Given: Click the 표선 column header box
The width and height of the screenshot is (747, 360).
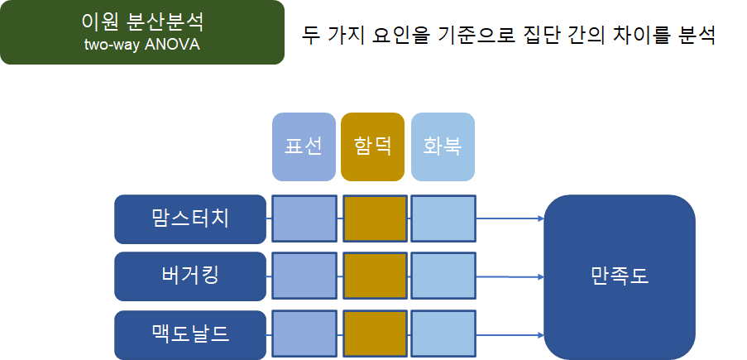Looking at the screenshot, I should point(304,146).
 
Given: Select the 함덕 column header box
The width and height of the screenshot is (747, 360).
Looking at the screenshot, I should point(372,146).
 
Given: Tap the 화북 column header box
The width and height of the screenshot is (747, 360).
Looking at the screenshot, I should point(443,146).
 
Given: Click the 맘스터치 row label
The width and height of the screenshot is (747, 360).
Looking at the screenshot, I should point(190,219).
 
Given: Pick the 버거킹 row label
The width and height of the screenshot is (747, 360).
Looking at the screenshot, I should point(190,276).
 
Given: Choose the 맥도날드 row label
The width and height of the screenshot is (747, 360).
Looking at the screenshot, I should point(190,335).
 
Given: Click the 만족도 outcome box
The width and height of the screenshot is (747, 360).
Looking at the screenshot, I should point(619,276).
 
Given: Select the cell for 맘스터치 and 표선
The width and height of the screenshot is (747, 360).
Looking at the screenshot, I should point(304,219).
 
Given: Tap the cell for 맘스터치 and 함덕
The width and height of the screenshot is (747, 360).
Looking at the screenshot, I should point(375,219).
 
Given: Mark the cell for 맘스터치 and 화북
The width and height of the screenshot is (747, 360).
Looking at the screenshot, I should point(443,219).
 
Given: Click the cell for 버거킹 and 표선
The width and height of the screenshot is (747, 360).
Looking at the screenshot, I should point(304,276).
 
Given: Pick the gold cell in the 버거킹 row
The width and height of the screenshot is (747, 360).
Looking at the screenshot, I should point(375,276).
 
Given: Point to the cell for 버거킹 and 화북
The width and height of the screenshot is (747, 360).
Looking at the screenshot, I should point(443,276).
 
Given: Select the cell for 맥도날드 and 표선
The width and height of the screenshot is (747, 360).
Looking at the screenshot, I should point(304,335).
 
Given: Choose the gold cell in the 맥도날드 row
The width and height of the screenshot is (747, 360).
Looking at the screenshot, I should point(375,335).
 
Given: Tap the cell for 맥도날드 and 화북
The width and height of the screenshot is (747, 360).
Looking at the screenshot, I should point(443,335).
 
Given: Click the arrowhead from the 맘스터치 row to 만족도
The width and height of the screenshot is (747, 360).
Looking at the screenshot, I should point(540,219).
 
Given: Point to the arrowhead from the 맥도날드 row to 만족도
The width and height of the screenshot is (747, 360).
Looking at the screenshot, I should point(540,335).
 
